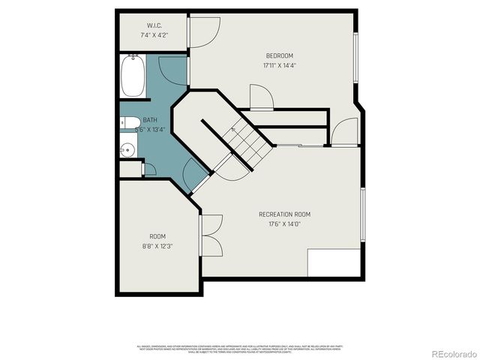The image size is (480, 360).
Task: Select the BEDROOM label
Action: [x=279, y=56]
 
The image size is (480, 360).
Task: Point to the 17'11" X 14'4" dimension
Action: [x=279, y=66]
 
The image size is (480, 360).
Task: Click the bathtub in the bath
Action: [x=133, y=77]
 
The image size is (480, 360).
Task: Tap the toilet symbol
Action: [x=129, y=124]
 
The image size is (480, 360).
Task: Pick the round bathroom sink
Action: [x=127, y=150]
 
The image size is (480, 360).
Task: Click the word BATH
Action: [x=151, y=120]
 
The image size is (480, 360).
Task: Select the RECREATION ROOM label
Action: [x=284, y=214]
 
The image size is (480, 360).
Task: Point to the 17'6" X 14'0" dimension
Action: [x=284, y=224]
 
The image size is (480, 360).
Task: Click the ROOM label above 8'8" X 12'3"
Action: [x=157, y=236]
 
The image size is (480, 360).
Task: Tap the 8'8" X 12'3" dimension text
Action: [x=157, y=246]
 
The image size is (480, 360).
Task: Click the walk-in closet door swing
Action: [x=203, y=32]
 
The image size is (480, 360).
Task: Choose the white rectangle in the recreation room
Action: [x=333, y=262]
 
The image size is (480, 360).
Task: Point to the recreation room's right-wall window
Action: [x=362, y=215]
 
